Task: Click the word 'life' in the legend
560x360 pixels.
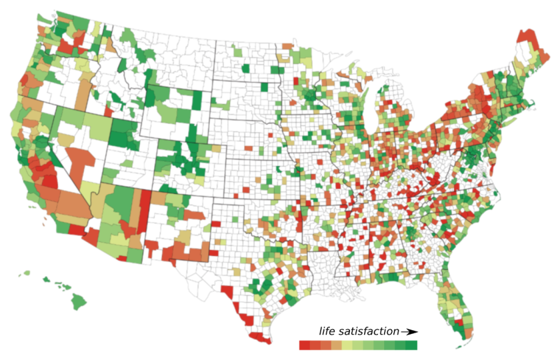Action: (x=327, y=331)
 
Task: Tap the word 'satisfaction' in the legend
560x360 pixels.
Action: (x=368, y=331)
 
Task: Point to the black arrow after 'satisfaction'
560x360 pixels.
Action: (x=409, y=331)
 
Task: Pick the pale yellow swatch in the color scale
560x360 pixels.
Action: (x=347, y=345)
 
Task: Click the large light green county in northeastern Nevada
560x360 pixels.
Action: (x=93, y=126)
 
